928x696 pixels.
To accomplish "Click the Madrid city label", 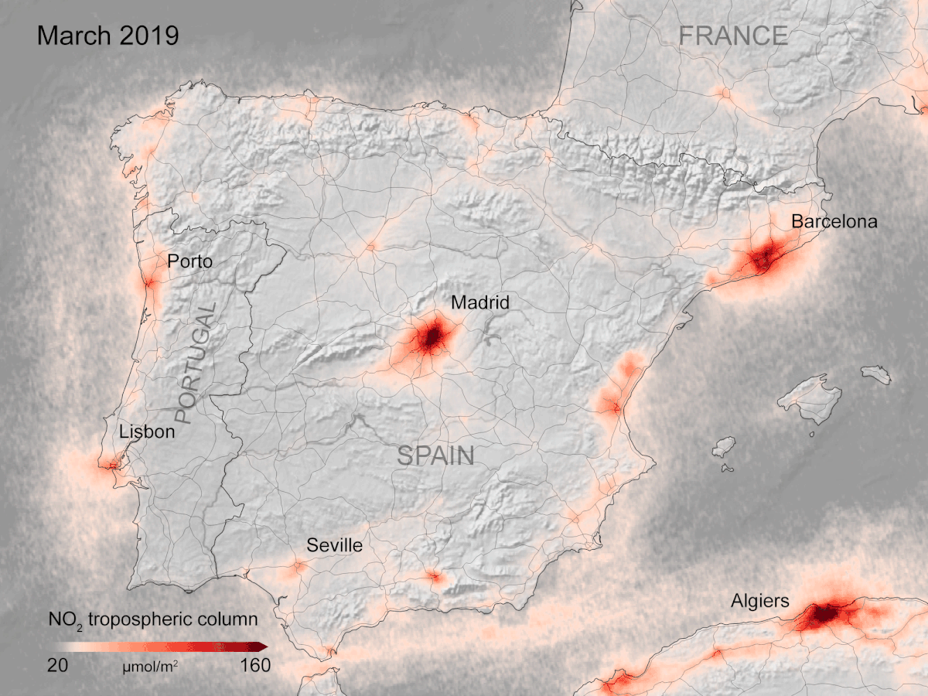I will [480, 302].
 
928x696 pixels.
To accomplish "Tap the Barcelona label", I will [834, 222].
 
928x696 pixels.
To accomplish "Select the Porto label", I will [189, 261].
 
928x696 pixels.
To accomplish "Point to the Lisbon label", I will [147, 432].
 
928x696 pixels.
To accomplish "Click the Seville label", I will [334, 545].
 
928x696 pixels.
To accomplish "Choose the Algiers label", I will [760, 601].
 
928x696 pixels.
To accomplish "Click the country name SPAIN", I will [435, 455].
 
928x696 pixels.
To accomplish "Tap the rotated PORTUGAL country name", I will [196, 363].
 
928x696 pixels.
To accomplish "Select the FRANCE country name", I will [732, 36].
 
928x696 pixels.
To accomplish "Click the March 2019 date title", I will [107, 36].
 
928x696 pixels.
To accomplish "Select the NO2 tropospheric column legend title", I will [152, 619].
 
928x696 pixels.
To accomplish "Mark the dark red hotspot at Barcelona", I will [766, 257].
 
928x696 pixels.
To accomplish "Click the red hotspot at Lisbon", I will [109, 464].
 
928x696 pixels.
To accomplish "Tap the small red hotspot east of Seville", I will [433, 576].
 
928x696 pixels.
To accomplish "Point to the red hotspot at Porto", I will [148, 284].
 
